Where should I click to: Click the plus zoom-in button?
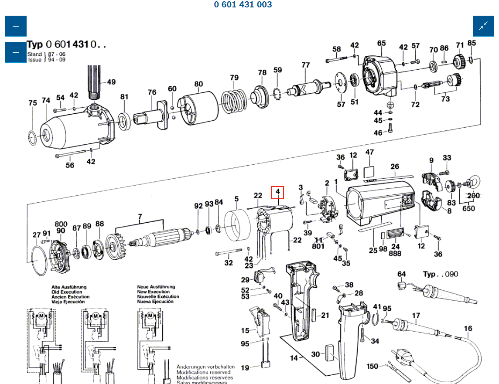pos(16,26)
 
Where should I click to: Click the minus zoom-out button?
pos(16,52)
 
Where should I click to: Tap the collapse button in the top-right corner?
pos(483,26)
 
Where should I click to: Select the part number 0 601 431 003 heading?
pos(243,5)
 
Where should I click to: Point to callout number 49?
pos(111,82)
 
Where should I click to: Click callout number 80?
pos(198,84)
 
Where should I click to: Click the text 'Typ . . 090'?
pos(441,274)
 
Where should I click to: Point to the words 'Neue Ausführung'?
pos(156,287)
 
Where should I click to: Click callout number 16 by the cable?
pos(468,328)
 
